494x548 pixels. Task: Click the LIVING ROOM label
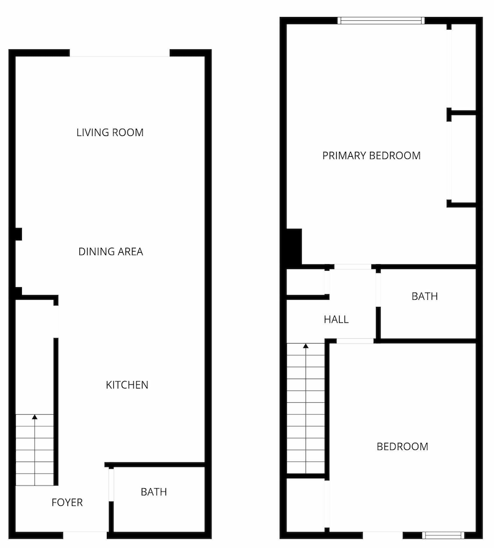pyautogui.click(x=110, y=133)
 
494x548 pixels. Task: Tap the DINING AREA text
pyautogui.click(x=111, y=252)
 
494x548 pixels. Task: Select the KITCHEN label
pyautogui.click(x=127, y=385)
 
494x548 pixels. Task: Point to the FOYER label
pyautogui.click(x=67, y=503)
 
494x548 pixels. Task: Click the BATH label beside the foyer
pyautogui.click(x=154, y=492)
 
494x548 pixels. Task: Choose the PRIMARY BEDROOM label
pyautogui.click(x=371, y=156)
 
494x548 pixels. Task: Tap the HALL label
pyautogui.click(x=336, y=319)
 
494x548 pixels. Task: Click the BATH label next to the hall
pyautogui.click(x=424, y=296)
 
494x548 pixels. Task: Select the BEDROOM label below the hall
pyautogui.click(x=403, y=447)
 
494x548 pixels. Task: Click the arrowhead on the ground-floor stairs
pyautogui.click(x=35, y=416)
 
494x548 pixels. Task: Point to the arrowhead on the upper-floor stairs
pyautogui.click(x=306, y=346)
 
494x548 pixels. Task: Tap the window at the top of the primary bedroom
pyautogui.click(x=381, y=21)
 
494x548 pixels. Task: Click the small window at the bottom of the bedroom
pyautogui.click(x=444, y=535)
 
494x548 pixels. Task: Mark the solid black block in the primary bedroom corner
pyautogui.click(x=294, y=247)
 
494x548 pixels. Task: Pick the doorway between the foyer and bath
pyautogui.click(x=111, y=485)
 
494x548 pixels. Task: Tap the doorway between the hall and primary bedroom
pyautogui.click(x=353, y=267)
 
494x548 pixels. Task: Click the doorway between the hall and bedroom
pyautogui.click(x=355, y=341)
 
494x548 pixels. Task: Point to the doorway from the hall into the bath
pyautogui.click(x=378, y=290)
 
